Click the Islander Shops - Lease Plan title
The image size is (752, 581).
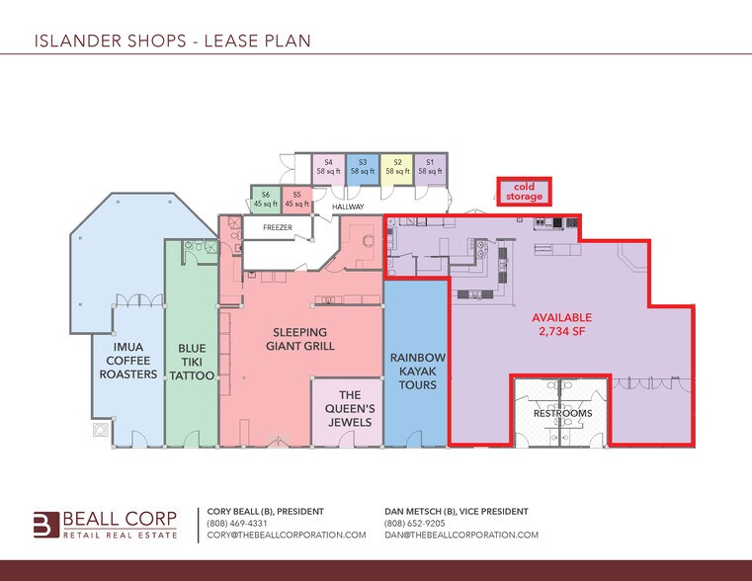[172, 41]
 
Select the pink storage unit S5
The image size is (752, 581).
[296, 200]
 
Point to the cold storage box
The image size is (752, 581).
[524, 192]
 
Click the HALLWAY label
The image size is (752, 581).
[348, 207]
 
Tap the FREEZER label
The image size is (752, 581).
[277, 226]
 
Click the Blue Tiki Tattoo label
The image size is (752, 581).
[191, 362]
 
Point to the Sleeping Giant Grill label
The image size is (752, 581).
[300, 339]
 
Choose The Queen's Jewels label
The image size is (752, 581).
[347, 408]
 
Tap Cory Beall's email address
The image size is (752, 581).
[287, 535]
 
